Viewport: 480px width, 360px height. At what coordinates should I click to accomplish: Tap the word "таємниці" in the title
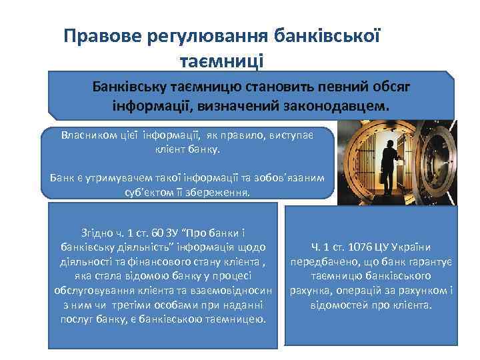(222, 61)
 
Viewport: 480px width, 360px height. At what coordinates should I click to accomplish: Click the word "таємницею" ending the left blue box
(237, 320)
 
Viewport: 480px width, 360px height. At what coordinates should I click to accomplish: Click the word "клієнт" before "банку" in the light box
(169, 149)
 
